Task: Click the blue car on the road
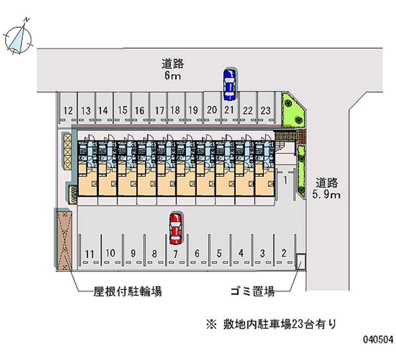click(229, 82)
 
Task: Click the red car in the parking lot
click(175, 228)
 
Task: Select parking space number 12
click(68, 110)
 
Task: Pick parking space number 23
click(266, 110)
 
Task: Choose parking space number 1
click(286, 180)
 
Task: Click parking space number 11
click(89, 254)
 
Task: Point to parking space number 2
click(284, 253)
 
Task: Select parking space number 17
click(159, 110)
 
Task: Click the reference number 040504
click(378, 340)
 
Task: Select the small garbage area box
click(300, 261)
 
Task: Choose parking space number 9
click(133, 254)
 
